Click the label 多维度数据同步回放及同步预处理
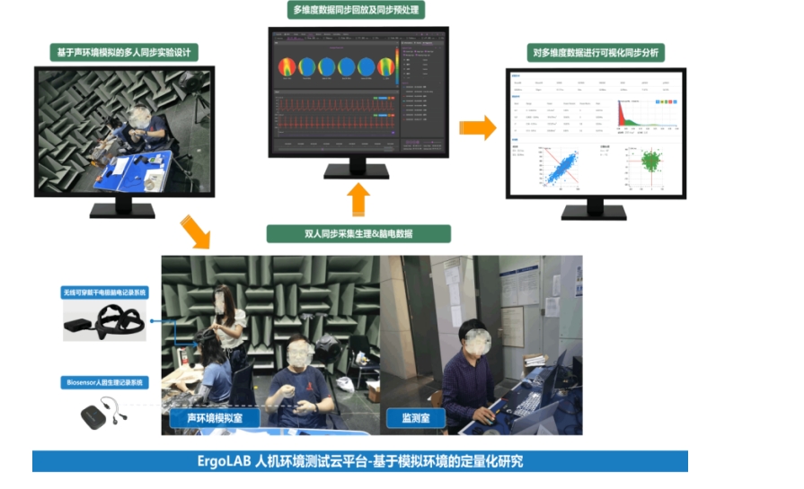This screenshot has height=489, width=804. [x=358, y=11]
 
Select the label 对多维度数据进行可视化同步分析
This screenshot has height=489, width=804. [x=596, y=53]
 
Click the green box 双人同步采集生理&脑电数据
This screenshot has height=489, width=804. [x=358, y=233]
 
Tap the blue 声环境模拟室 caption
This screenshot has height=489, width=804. [x=215, y=418]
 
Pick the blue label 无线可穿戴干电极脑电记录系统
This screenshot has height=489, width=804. [x=104, y=293]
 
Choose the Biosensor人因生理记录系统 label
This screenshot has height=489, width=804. [x=104, y=383]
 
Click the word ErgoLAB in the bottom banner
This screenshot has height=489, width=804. [x=225, y=462]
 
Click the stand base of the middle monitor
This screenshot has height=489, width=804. [x=358, y=173]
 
